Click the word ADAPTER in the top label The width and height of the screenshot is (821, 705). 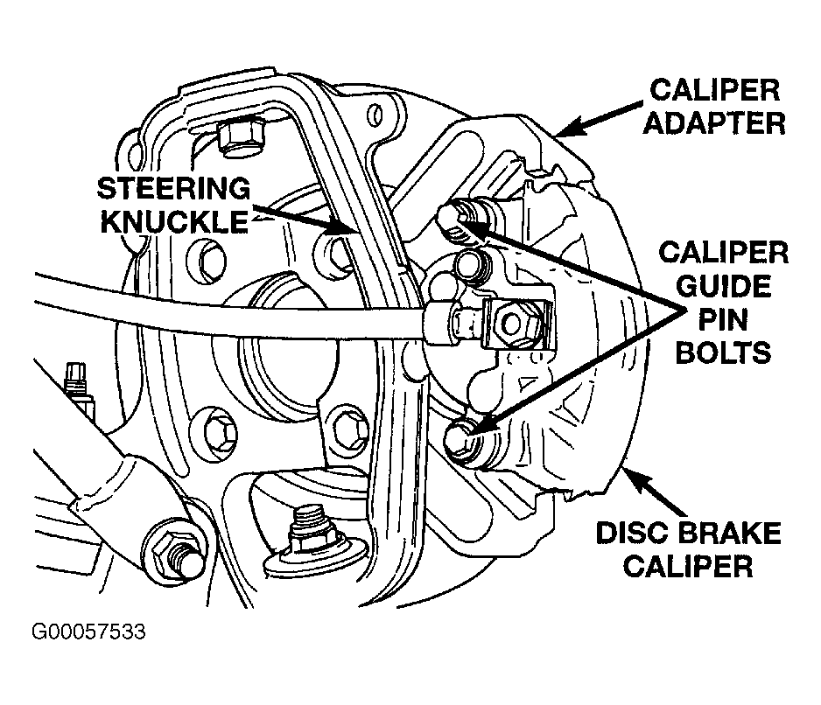tap(714, 123)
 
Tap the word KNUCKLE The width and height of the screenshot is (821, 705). tap(174, 221)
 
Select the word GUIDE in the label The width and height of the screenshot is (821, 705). tap(724, 286)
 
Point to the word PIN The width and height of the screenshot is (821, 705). tap(723, 319)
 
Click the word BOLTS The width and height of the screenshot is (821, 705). tap(724, 352)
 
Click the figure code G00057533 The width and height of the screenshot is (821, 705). tap(88, 632)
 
